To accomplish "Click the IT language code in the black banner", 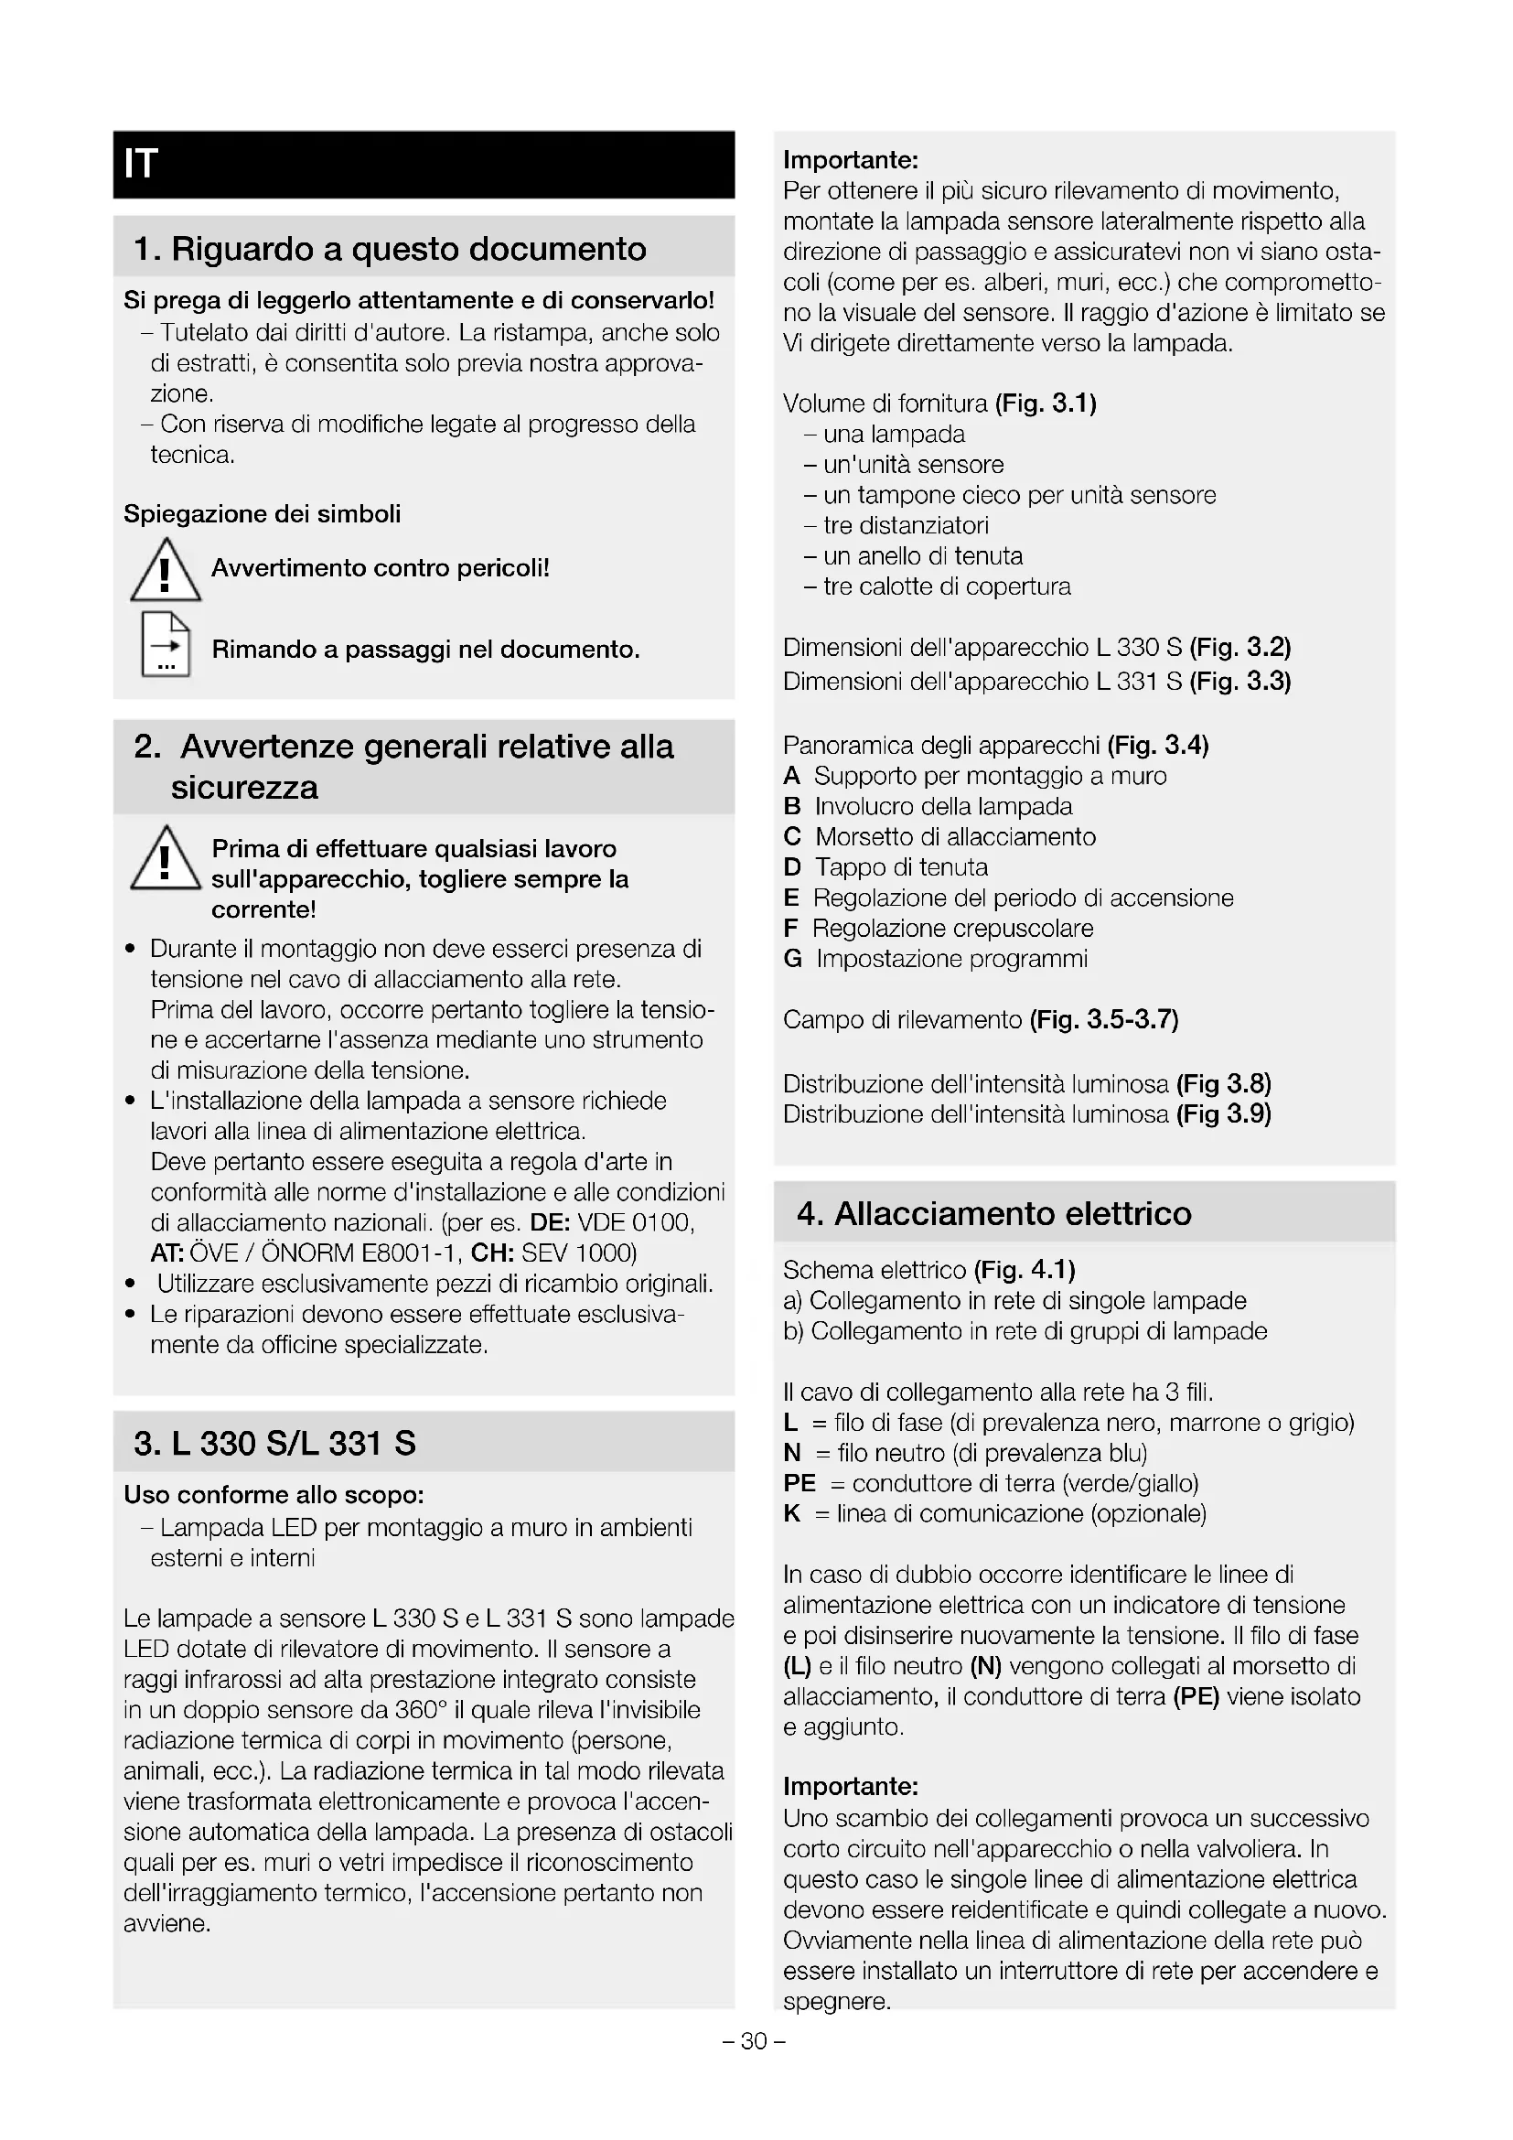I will [142, 164].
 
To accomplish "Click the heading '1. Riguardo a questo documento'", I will [390, 249].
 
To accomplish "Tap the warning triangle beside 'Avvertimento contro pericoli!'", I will [165, 570].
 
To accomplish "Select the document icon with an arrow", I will [165, 644].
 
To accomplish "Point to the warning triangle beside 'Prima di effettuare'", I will [165, 858].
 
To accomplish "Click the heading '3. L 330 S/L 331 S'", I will [274, 1443].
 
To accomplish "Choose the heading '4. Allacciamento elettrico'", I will [994, 1213].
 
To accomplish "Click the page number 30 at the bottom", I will [754, 2041].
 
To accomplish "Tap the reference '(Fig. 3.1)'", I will [1046, 403].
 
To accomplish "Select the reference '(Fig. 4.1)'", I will [1024, 1270].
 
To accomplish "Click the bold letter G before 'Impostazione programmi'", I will [793, 959].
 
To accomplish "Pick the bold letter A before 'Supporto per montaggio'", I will [792, 776].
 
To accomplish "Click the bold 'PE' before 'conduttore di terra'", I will [799, 1483].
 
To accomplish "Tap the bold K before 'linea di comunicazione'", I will [792, 1513].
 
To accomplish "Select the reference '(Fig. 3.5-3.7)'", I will [1104, 1019].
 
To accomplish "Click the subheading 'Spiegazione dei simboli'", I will [262, 514].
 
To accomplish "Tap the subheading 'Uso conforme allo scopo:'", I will [274, 1495].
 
